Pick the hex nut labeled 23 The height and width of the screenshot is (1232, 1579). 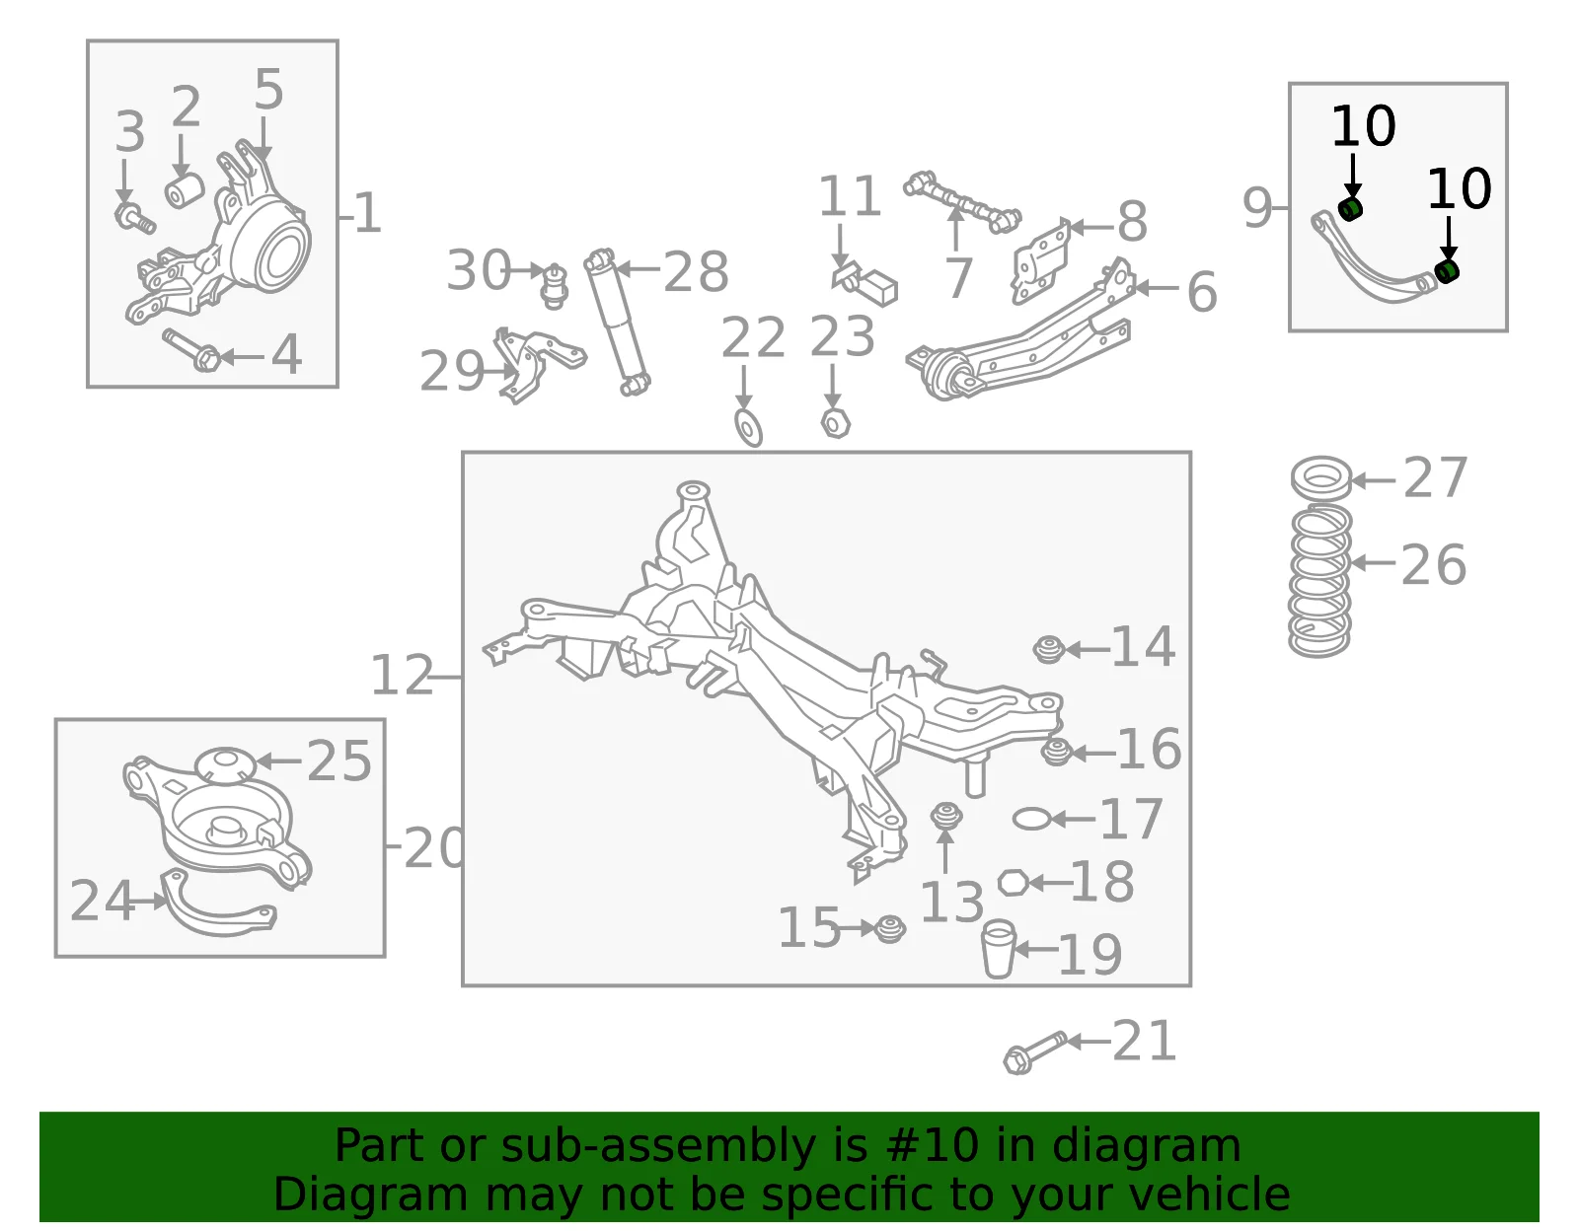836,423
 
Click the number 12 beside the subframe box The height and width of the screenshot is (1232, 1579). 402,675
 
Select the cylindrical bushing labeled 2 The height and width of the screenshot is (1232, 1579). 185,191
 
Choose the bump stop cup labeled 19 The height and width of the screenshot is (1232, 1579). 998,949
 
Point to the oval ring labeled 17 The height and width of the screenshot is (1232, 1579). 1032,819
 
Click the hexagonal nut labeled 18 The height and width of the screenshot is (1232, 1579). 1013,883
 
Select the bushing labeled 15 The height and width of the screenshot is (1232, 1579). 889,929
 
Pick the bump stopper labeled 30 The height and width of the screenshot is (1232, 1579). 555,286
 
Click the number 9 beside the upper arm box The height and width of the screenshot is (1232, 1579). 1258,207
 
